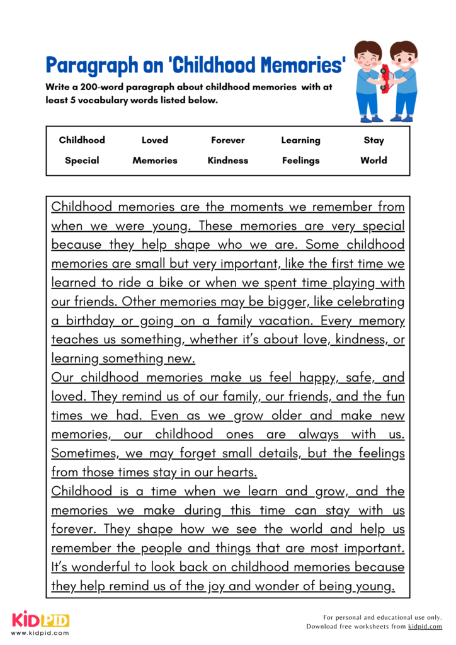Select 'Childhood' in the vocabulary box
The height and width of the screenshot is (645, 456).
(82, 140)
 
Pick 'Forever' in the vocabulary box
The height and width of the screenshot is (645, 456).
(228, 140)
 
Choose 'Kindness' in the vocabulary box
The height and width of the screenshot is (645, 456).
(228, 161)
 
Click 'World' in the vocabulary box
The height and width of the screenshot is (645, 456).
(373, 161)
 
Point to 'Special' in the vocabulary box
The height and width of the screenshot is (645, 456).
(82, 161)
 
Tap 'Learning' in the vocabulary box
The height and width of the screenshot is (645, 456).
(300, 140)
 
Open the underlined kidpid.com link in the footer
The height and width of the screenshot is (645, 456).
(425, 627)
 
